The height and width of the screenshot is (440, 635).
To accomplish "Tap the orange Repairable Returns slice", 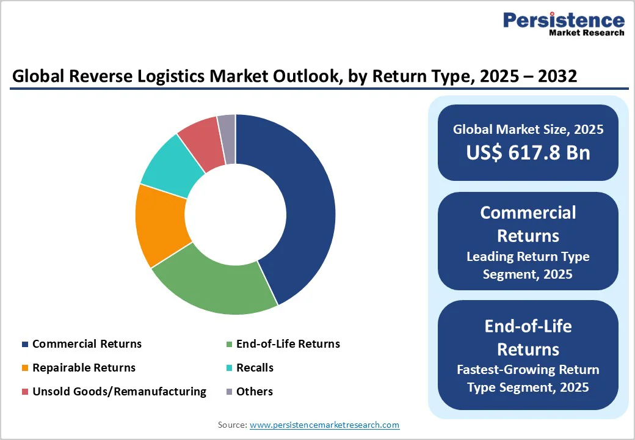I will pos(160,226).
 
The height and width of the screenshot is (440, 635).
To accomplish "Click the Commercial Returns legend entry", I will pos(87,344).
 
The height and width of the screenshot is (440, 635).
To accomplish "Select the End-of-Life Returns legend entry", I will pos(288,344).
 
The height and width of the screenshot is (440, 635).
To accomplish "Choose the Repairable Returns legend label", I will pos(84,368).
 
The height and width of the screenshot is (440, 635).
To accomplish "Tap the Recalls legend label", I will pos(255,368).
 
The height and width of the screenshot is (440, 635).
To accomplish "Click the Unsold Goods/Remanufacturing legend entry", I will pos(119,392).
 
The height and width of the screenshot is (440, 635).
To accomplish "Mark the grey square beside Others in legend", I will pos(229,392).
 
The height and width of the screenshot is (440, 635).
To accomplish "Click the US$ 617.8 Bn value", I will pos(528,152).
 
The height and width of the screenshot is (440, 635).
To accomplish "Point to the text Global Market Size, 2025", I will pos(528,130).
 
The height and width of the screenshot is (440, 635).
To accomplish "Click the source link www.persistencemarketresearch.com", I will pos(324,425).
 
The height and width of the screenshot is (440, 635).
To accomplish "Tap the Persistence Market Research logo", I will pos(563,24).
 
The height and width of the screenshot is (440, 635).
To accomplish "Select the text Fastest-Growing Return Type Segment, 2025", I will pos(528,378).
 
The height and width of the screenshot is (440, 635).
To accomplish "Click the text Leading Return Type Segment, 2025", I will pos(528,265).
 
